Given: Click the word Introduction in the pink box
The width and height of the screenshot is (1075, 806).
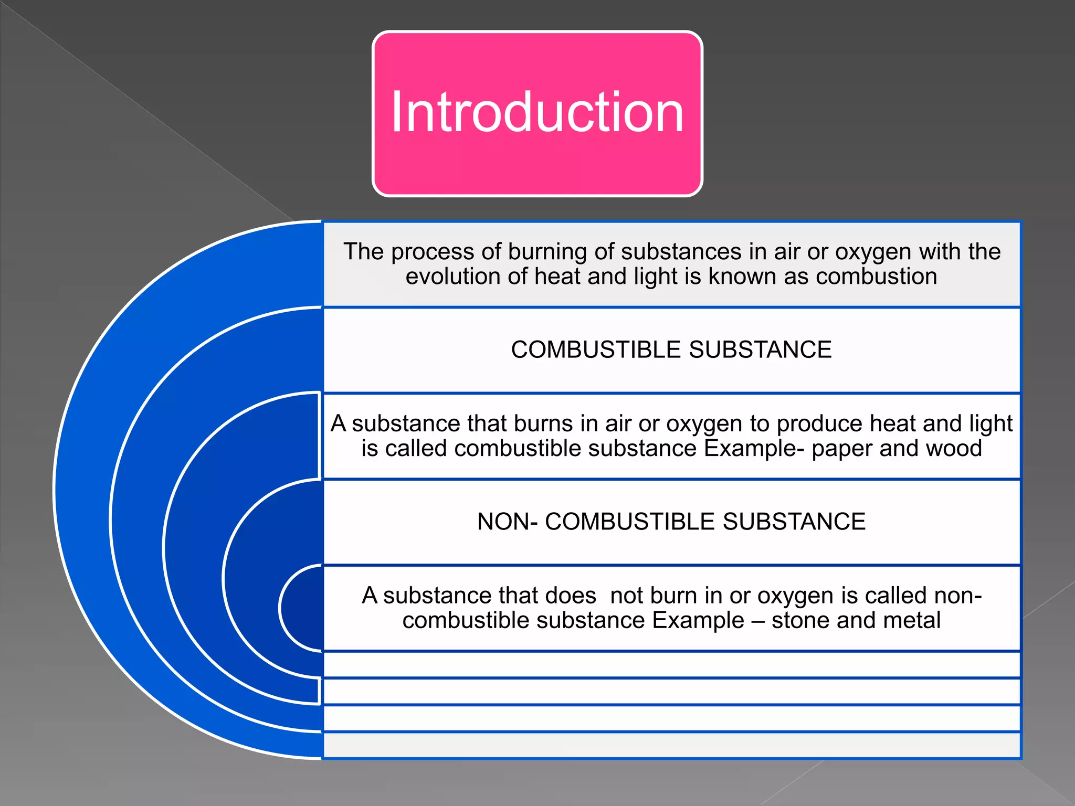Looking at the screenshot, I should click(537, 112).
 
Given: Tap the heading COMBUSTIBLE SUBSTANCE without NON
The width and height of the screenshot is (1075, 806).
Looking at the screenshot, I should click(671, 350).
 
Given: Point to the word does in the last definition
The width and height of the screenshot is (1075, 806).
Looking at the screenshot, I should click(571, 596).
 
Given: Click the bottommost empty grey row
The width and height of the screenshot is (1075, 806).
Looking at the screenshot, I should click(671, 745).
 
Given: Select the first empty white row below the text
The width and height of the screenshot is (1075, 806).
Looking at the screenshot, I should click(671, 665).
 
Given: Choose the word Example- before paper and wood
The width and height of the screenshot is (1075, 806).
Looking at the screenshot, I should click(754, 449).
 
